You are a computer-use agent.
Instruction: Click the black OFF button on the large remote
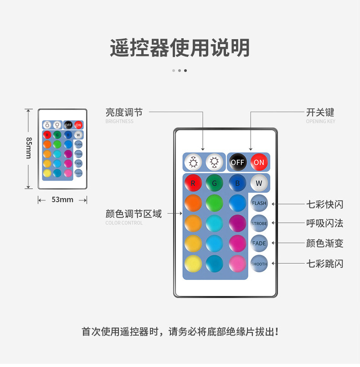(237, 162)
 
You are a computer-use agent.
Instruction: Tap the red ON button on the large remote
(259, 162)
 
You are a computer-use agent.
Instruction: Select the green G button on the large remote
(214, 183)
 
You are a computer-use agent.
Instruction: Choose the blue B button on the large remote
(237, 183)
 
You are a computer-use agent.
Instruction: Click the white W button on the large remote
(259, 183)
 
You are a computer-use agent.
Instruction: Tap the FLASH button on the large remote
(259, 203)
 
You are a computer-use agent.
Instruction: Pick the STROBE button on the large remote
(259, 224)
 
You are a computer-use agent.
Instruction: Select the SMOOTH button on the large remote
(259, 264)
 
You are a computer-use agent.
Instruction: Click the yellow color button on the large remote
(193, 264)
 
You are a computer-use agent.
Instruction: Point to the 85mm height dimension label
(28, 148)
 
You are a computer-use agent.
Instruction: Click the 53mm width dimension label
(62, 199)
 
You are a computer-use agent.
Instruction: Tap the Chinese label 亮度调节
(124, 112)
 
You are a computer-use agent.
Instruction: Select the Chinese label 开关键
(320, 112)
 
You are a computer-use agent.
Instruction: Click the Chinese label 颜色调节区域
(134, 214)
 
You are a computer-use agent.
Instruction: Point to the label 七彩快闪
(324, 204)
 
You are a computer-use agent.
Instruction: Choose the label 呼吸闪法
(324, 224)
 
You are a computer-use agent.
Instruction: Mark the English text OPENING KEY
(320, 122)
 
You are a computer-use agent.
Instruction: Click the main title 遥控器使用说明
(180, 48)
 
